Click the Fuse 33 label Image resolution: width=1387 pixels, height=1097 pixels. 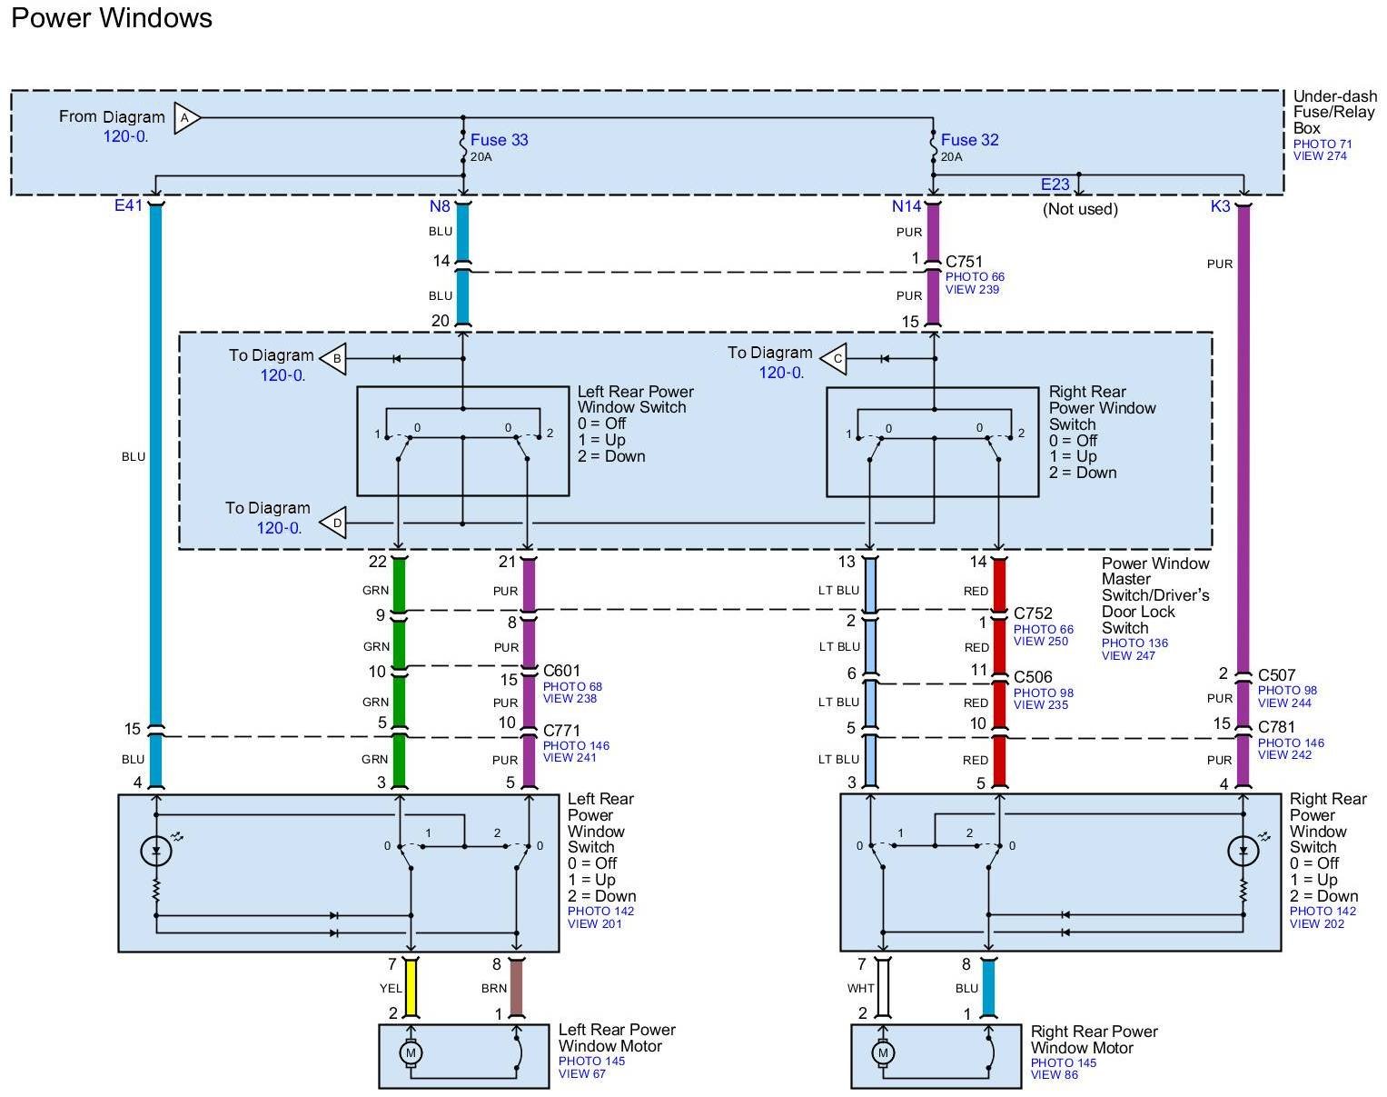tap(499, 140)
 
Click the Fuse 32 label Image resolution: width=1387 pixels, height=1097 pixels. tap(969, 140)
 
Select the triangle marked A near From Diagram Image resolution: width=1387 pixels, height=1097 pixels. tap(185, 118)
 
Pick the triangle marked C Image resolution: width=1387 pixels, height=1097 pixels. tap(835, 359)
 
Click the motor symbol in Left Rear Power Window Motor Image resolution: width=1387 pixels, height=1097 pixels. tap(411, 1052)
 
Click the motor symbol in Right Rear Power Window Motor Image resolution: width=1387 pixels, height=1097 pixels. tap(882, 1053)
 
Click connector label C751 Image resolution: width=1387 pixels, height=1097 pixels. tap(964, 262)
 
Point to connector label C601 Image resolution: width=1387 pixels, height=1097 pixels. tap(561, 672)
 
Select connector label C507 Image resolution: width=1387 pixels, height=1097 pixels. tap(1276, 675)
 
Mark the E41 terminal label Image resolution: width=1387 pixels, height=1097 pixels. tap(128, 206)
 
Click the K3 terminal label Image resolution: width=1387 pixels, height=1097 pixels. tap(1220, 206)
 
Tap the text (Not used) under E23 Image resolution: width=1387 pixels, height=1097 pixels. tap(1079, 209)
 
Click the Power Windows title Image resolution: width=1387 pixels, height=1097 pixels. tap(112, 18)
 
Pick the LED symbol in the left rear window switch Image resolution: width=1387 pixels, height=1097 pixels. tap(156, 852)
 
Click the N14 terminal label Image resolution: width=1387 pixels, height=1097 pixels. tap(906, 206)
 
